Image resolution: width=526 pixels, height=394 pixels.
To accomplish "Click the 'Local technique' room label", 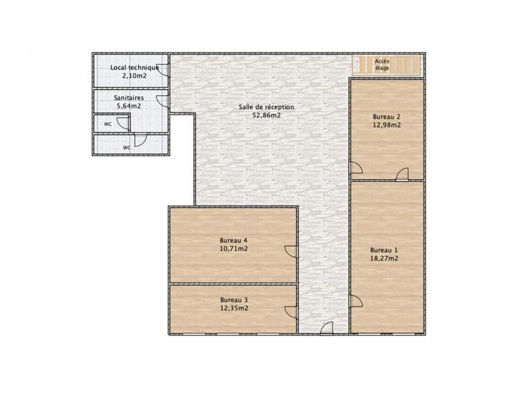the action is (135, 68).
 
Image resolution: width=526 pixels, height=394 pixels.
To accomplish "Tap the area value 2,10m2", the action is (135, 76).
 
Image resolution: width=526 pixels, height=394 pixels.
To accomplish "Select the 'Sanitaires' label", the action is (129, 98).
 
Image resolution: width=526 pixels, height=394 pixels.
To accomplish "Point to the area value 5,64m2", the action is (129, 106).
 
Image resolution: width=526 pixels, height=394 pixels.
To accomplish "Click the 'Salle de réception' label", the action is (266, 107).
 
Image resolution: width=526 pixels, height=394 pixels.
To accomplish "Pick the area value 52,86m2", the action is (266, 116).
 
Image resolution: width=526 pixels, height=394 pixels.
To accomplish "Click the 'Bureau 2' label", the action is (387, 117).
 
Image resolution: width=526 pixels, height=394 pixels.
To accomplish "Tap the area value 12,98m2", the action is (387, 125).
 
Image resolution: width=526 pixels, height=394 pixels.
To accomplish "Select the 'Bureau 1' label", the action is (384, 250).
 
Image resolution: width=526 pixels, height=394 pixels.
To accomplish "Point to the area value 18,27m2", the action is (384, 259).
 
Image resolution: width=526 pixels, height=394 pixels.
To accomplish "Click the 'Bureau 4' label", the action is (233, 240).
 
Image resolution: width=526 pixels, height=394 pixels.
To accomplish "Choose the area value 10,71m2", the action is (234, 249).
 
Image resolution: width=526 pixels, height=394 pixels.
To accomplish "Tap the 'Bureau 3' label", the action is (234, 300).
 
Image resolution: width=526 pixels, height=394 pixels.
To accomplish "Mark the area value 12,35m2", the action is (234, 308).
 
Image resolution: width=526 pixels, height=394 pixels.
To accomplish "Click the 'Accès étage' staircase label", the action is (382, 64).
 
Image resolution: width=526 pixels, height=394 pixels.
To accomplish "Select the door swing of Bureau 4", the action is (291, 252).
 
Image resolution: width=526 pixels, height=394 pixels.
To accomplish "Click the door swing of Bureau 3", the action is (291, 313).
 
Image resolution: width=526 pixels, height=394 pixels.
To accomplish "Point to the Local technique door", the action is (163, 70).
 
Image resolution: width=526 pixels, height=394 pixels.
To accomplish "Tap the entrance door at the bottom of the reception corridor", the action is (326, 328).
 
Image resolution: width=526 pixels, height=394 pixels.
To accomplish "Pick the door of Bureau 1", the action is (356, 301).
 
